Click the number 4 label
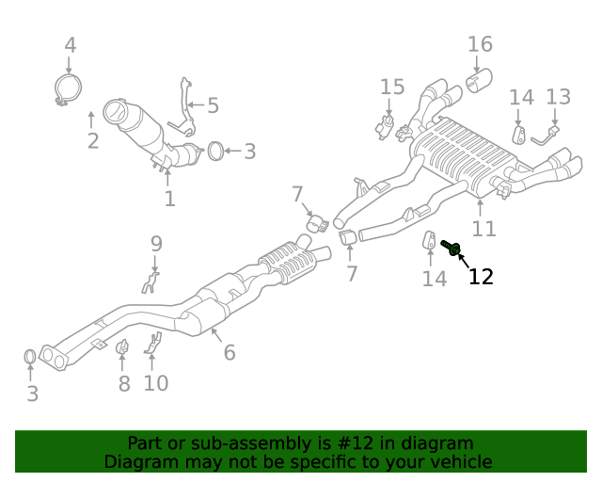pos(70,44)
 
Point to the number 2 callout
pos(92,142)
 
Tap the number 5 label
pos(213,105)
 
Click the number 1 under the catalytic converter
pos(169,199)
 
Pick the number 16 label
pos(480,44)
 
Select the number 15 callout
pos(392,88)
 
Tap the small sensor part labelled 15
pos(387,125)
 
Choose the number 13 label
pos(558,97)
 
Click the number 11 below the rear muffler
pos(483,229)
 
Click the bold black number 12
pos(481,276)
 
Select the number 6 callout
pos(230,353)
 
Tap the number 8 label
pos(124,383)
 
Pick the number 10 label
pos(155,383)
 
